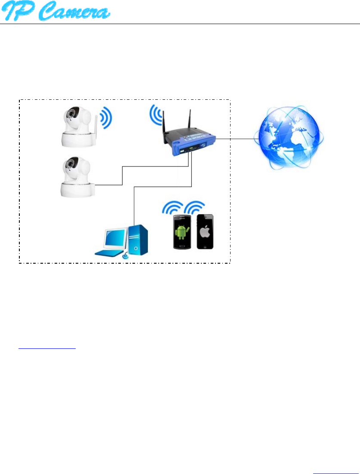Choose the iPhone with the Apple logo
[x=205, y=231]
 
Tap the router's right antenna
[x=189, y=122]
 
